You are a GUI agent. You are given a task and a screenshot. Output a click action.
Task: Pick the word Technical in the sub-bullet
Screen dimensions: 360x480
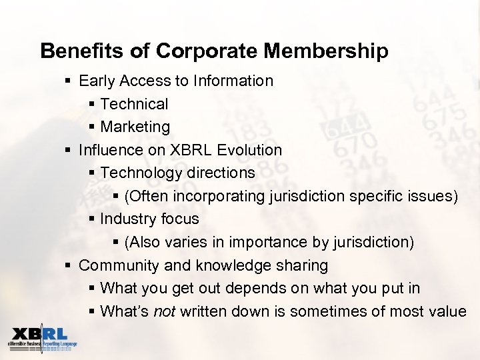click(134, 104)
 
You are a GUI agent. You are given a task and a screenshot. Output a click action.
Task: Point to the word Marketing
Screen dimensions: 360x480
click(135, 127)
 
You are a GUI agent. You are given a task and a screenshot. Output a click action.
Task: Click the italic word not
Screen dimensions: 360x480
click(164, 311)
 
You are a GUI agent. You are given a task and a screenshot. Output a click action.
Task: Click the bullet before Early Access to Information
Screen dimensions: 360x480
click(69, 81)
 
